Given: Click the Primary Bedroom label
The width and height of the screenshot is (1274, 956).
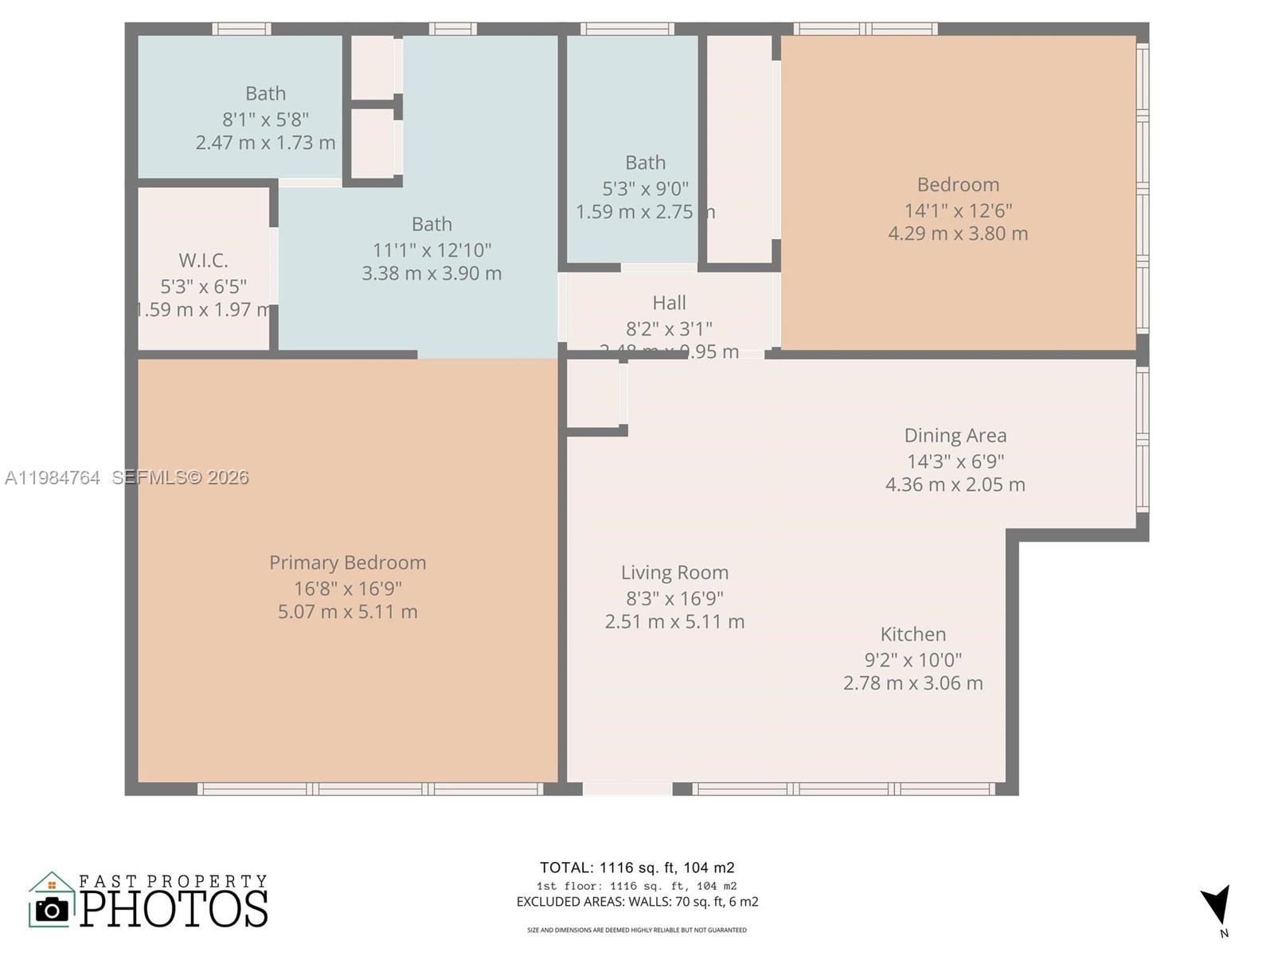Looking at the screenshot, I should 347,562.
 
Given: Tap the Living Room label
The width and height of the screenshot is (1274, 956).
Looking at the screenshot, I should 674,572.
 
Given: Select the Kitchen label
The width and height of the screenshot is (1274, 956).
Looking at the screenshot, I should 913,634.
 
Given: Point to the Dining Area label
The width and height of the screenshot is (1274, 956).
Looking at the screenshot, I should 955,435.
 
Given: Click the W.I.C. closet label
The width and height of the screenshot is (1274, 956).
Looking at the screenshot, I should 203,260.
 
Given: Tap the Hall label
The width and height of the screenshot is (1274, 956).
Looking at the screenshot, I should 669,303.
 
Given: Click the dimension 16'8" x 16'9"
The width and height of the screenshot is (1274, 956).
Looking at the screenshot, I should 347,588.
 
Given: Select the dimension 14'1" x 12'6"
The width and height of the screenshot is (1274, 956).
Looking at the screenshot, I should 958,210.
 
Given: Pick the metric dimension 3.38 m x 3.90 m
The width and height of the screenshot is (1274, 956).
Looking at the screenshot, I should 432,273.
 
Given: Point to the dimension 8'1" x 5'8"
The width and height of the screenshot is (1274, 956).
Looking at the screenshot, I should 265,119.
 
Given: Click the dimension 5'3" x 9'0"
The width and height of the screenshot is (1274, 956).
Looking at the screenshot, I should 645,188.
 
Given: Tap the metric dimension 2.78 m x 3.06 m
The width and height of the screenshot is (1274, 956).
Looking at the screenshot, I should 913,683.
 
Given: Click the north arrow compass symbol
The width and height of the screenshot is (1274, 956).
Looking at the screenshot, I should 1217,906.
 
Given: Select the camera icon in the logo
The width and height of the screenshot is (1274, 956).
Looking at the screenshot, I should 53,909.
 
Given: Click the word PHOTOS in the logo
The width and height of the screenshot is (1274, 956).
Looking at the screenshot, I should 174,908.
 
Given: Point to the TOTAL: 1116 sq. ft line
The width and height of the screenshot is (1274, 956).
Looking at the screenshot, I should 637,868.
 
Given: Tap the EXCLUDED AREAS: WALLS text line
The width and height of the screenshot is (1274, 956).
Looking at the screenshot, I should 637,902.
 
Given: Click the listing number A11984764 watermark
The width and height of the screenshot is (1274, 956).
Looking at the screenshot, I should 53,477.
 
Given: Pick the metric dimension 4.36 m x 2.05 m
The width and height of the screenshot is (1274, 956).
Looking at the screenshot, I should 955,484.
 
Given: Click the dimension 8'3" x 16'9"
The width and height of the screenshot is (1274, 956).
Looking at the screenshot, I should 674,597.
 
